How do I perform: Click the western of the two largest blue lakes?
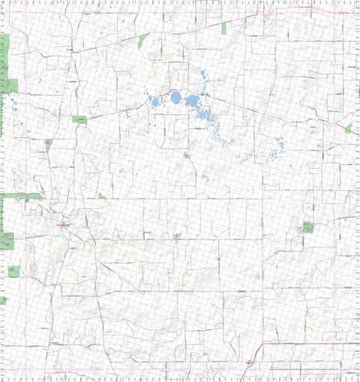[176, 97]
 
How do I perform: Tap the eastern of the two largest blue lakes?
[193, 100]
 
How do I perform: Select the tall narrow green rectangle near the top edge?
[224, 28]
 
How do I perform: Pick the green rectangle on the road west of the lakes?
[79, 119]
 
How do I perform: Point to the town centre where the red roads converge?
[63, 224]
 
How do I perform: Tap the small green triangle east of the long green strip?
[101, 196]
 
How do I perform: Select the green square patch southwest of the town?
[7, 241]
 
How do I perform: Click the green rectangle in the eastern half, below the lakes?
[308, 227]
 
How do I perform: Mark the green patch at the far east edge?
[348, 129]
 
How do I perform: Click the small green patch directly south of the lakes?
[186, 155]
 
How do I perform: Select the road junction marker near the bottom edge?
[249, 363]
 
